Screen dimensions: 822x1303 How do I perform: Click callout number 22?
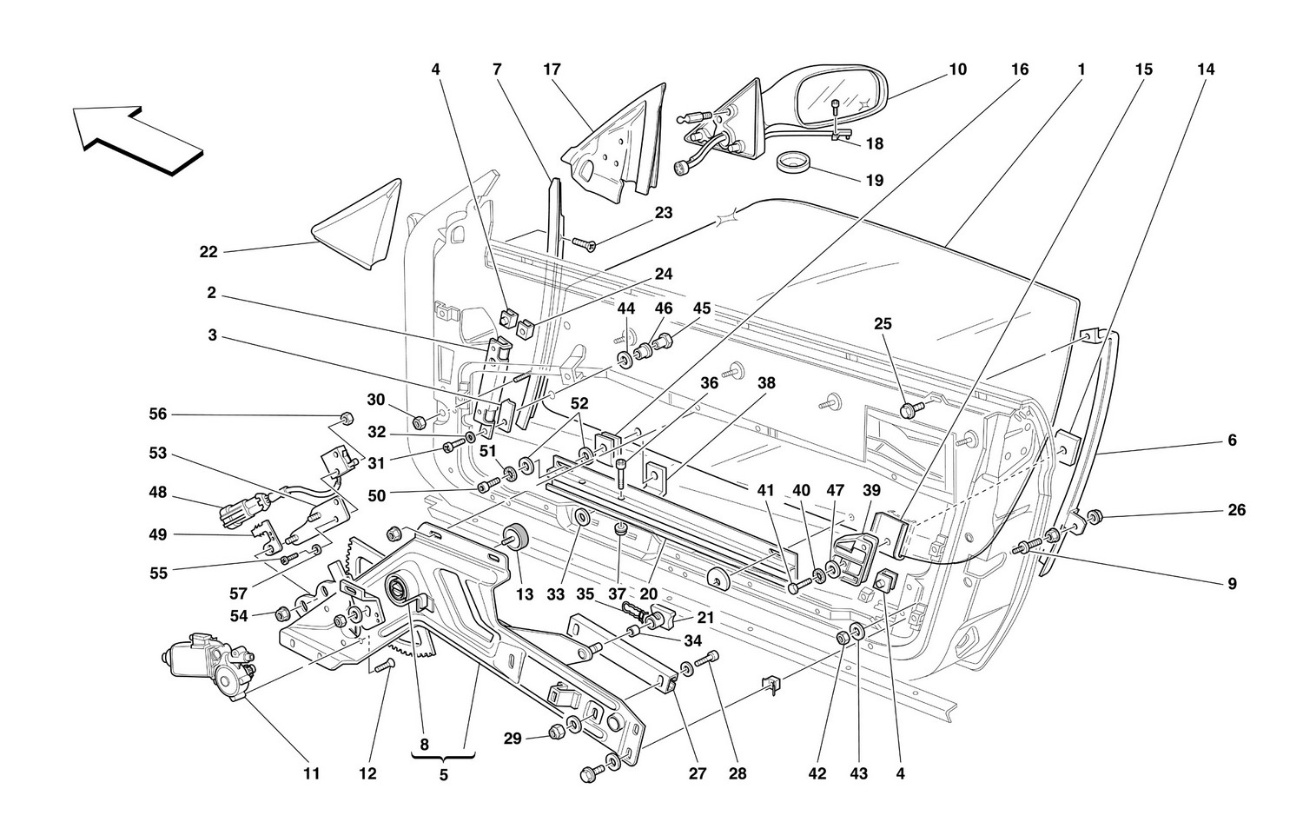[208, 253]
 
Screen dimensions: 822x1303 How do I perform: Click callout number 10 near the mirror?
[957, 70]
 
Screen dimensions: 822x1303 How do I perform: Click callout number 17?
[552, 70]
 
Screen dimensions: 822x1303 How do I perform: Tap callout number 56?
[157, 415]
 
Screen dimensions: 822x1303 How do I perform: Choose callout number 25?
[883, 324]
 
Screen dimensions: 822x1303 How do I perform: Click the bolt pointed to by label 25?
[909, 410]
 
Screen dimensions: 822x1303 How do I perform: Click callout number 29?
[513, 738]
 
